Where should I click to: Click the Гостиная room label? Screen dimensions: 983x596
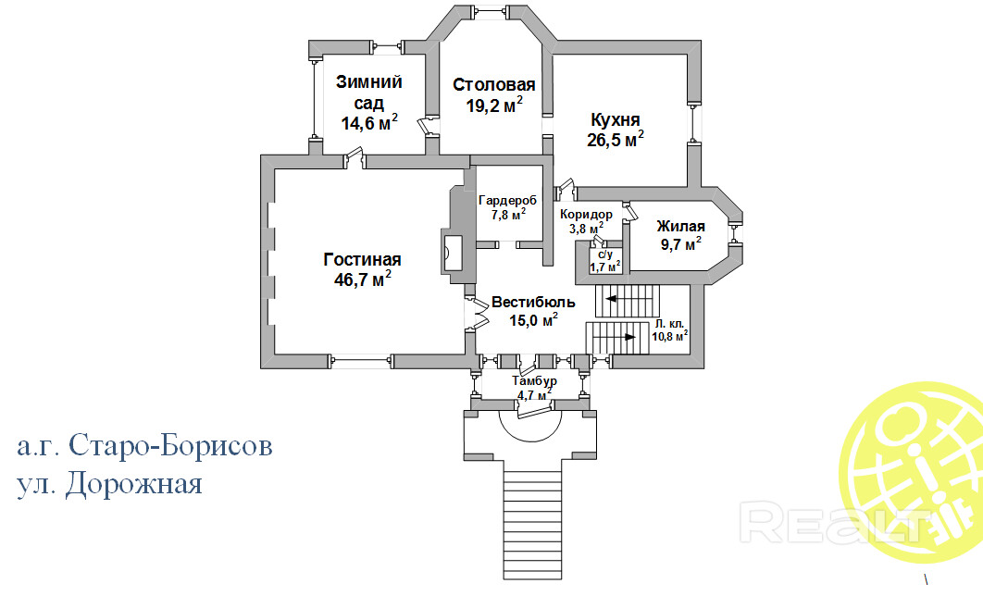pos(362,259)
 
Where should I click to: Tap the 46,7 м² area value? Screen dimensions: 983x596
pos(362,279)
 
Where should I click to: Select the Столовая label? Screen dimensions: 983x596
pos(494,85)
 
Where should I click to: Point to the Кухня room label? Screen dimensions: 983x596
pos(616,120)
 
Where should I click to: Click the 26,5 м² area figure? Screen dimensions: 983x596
pos(616,140)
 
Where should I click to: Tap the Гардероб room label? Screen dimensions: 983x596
pos(507,200)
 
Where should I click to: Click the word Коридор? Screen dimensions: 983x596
pos(586,215)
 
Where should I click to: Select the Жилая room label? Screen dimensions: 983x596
pos(680,227)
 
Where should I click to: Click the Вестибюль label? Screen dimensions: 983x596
pos(533,303)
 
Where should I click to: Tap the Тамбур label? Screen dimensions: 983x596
pos(534,381)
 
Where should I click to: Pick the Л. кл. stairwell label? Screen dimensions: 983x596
pos(668,324)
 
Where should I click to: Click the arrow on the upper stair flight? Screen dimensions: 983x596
pos(613,299)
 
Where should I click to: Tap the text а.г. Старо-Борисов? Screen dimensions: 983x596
pos(144,447)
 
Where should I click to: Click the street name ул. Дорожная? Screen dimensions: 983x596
pos(109,484)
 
